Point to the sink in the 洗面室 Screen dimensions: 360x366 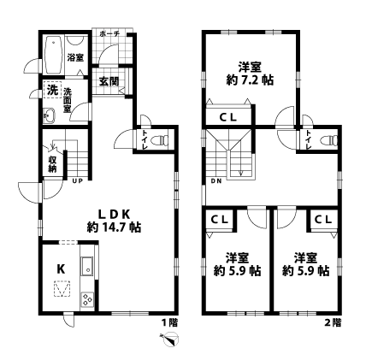(49, 118)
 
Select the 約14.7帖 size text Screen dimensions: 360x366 (114, 227)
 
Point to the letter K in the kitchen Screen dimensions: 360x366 (61, 269)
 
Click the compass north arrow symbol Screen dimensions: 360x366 (168, 341)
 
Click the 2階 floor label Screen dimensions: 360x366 (332, 322)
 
